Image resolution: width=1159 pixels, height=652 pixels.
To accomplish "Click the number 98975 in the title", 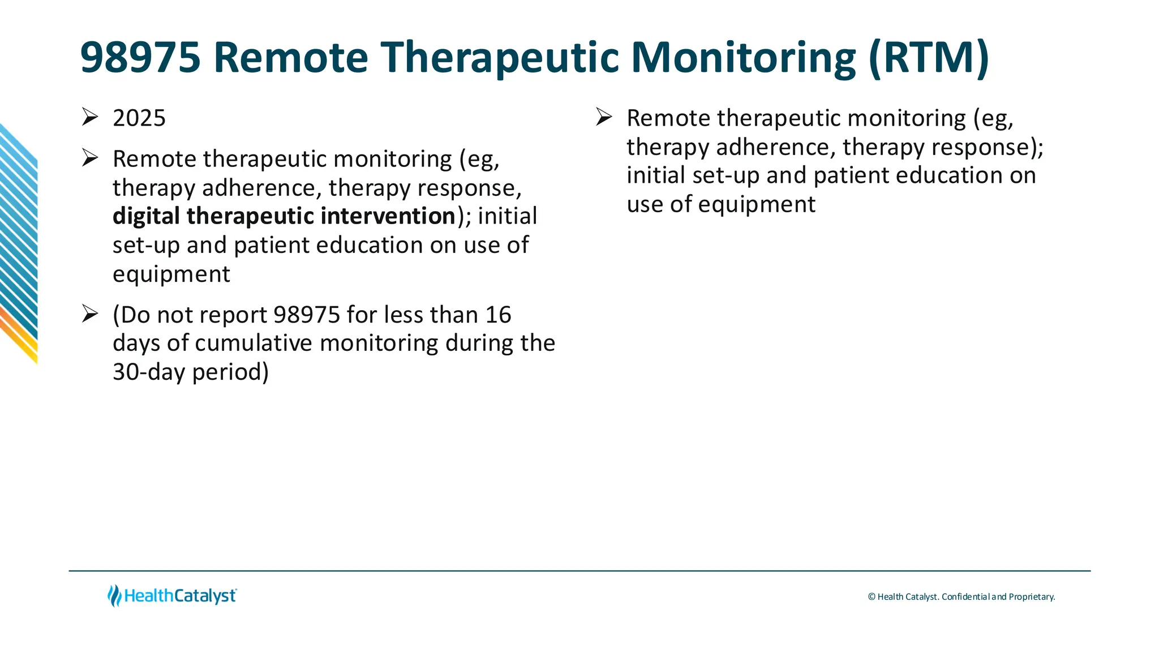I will [x=140, y=58].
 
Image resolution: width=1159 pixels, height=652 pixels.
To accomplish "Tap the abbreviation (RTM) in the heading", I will [x=928, y=58].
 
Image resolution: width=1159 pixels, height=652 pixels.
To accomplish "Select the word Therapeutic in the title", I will [x=499, y=58].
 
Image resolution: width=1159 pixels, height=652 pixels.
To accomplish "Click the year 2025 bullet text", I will [x=139, y=118].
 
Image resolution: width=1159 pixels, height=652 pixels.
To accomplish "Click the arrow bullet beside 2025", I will [x=90, y=117].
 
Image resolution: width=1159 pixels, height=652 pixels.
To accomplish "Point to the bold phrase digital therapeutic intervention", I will [x=284, y=216].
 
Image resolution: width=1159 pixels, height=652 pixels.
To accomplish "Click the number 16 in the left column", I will [x=498, y=315].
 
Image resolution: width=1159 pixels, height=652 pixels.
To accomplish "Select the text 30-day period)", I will [x=191, y=372].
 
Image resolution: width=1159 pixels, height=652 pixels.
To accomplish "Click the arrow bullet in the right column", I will [x=604, y=117].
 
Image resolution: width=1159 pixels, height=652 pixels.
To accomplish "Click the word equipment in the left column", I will [x=171, y=274].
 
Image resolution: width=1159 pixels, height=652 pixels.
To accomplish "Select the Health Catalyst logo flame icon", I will [x=114, y=595].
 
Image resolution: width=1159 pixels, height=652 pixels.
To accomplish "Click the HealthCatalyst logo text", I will [x=180, y=596].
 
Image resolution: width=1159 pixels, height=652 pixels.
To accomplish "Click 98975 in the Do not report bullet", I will [x=307, y=315].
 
